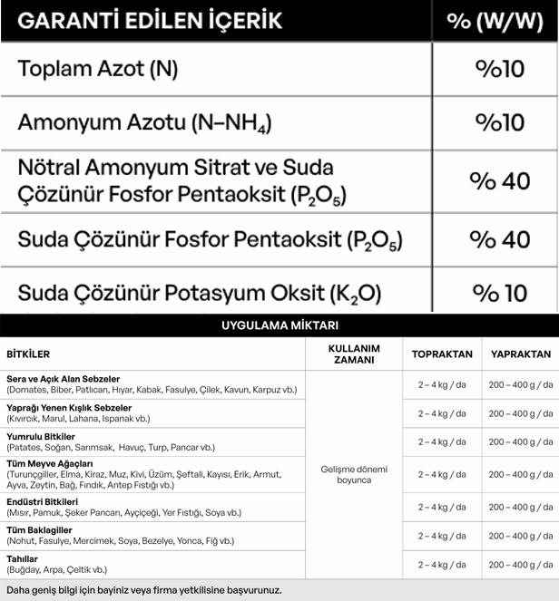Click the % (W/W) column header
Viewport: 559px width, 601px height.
(495, 21)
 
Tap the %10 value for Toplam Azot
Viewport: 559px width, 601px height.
(500, 69)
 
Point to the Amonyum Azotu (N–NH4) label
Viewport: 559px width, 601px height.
(144, 123)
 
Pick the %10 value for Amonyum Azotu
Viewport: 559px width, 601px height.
(500, 122)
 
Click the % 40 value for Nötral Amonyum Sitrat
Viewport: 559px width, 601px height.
(499, 181)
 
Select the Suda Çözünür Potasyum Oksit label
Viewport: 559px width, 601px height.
(200, 294)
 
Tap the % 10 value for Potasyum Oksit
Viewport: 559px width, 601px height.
(499, 294)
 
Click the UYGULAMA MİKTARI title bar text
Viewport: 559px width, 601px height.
(279, 325)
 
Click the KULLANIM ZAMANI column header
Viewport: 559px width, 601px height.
(353, 354)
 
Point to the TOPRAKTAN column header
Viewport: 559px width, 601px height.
(442, 354)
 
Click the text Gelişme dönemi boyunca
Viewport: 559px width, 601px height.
(353, 474)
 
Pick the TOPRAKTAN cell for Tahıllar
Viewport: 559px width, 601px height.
(442, 565)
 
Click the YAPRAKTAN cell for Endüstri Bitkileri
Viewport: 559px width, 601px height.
(520, 507)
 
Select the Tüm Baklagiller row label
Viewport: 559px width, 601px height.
(39, 530)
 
